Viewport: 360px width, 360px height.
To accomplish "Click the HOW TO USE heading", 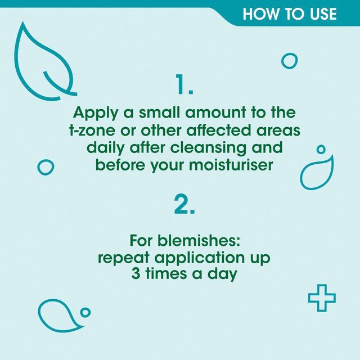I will (x=289, y=13).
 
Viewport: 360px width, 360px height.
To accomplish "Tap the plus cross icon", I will (x=322, y=298).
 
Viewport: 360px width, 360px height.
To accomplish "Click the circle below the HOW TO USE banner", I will (x=289, y=61).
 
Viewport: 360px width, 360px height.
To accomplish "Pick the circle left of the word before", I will (x=46, y=166).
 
